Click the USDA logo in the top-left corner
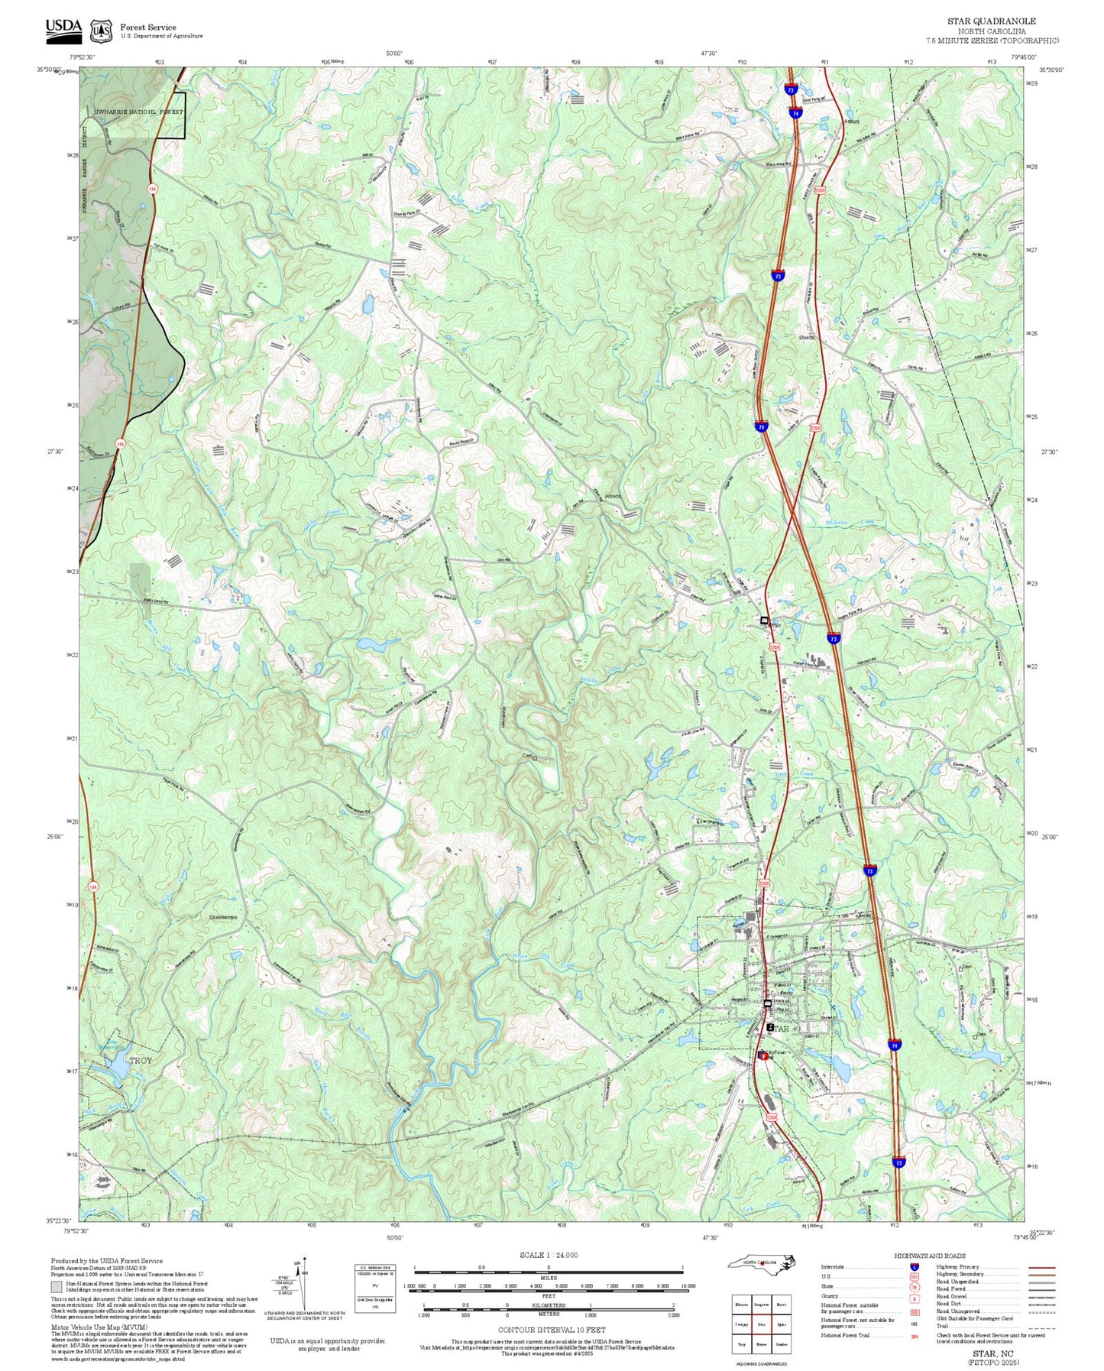click(63, 29)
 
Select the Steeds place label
click(807, 337)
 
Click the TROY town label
click(141, 1061)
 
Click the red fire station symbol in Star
click(762, 1055)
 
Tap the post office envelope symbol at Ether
click(764, 621)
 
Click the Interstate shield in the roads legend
click(915, 1267)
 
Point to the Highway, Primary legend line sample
click(1041, 1267)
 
